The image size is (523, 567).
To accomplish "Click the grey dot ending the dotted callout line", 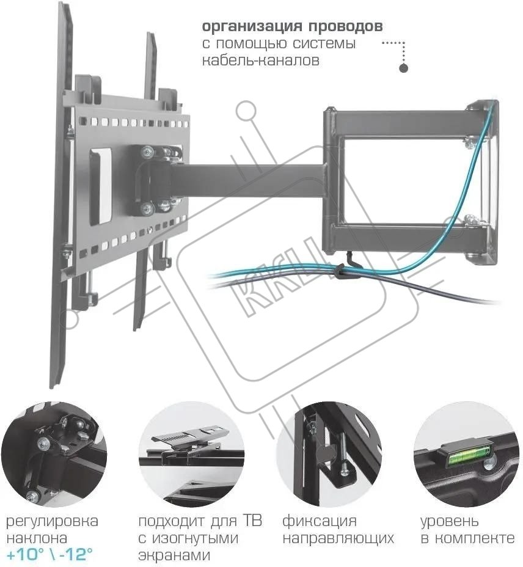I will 403,68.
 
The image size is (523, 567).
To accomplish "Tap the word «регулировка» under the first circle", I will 52,522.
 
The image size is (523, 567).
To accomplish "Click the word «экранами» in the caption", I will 174,555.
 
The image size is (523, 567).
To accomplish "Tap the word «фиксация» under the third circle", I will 319,522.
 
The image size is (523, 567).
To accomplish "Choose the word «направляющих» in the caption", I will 338,539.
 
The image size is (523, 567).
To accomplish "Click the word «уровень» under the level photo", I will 450,522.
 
